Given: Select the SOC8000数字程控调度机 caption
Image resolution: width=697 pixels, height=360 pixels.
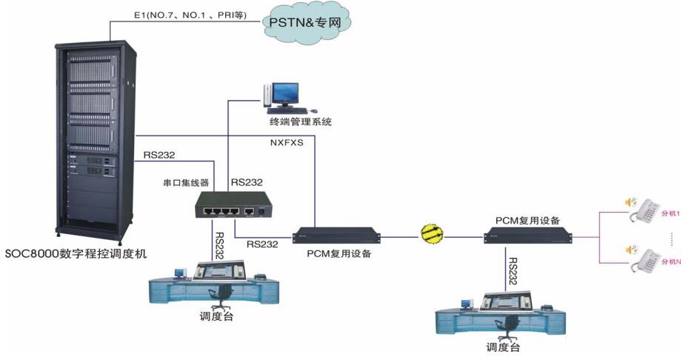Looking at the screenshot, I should coord(76,253).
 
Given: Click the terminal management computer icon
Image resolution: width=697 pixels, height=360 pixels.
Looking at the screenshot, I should coord(283,95).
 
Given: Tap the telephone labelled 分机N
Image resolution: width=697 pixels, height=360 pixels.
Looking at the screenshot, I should coord(641,259).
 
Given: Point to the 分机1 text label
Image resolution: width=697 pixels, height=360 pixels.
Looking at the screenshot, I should coord(670,214).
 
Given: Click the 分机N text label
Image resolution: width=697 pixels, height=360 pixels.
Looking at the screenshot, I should coord(670,261).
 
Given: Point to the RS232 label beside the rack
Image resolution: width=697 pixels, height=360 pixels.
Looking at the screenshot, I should coord(159,155).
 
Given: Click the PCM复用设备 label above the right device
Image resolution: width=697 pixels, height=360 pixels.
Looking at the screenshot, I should coord(527,221).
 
